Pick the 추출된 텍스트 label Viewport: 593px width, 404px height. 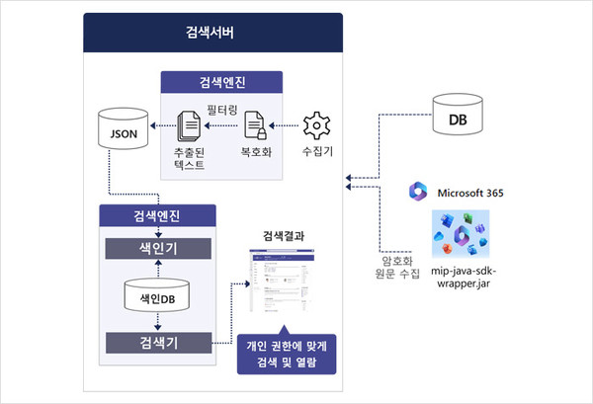[x=188, y=161]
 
